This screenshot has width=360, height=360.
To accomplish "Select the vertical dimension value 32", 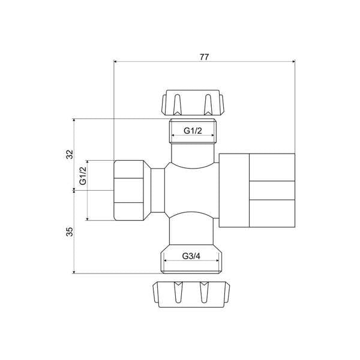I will (x=70, y=154).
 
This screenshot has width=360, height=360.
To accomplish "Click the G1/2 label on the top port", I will (x=193, y=130).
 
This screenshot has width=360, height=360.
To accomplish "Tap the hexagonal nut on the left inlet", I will (x=131, y=190).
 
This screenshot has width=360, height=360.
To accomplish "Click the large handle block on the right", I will (x=257, y=190).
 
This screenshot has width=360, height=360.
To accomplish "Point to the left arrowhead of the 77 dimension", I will (x=116, y=62).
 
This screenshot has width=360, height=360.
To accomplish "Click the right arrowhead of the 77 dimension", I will (x=293, y=62).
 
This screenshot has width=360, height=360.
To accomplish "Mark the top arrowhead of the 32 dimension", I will (x=74, y=121).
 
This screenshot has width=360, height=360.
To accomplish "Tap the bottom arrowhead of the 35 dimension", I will (x=74, y=271).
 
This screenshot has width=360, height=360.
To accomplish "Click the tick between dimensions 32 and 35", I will (x=74, y=190).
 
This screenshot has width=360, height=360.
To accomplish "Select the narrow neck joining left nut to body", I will (x=157, y=190).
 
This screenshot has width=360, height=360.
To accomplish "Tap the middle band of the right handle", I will (x=272, y=190).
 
